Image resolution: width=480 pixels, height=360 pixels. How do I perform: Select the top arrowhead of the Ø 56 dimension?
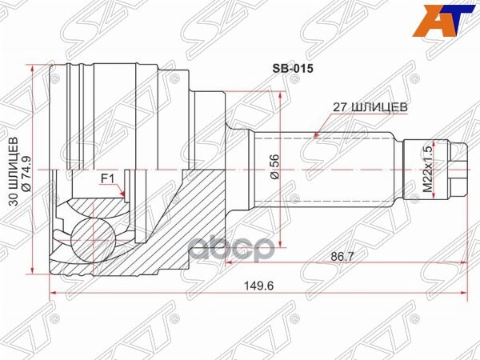pyautogui.click(x=281, y=96)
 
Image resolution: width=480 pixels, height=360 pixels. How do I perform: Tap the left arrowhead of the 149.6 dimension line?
pyautogui.click(x=53, y=294)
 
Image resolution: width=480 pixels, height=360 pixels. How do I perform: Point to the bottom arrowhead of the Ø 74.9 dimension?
pyautogui.click(x=32, y=270)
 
